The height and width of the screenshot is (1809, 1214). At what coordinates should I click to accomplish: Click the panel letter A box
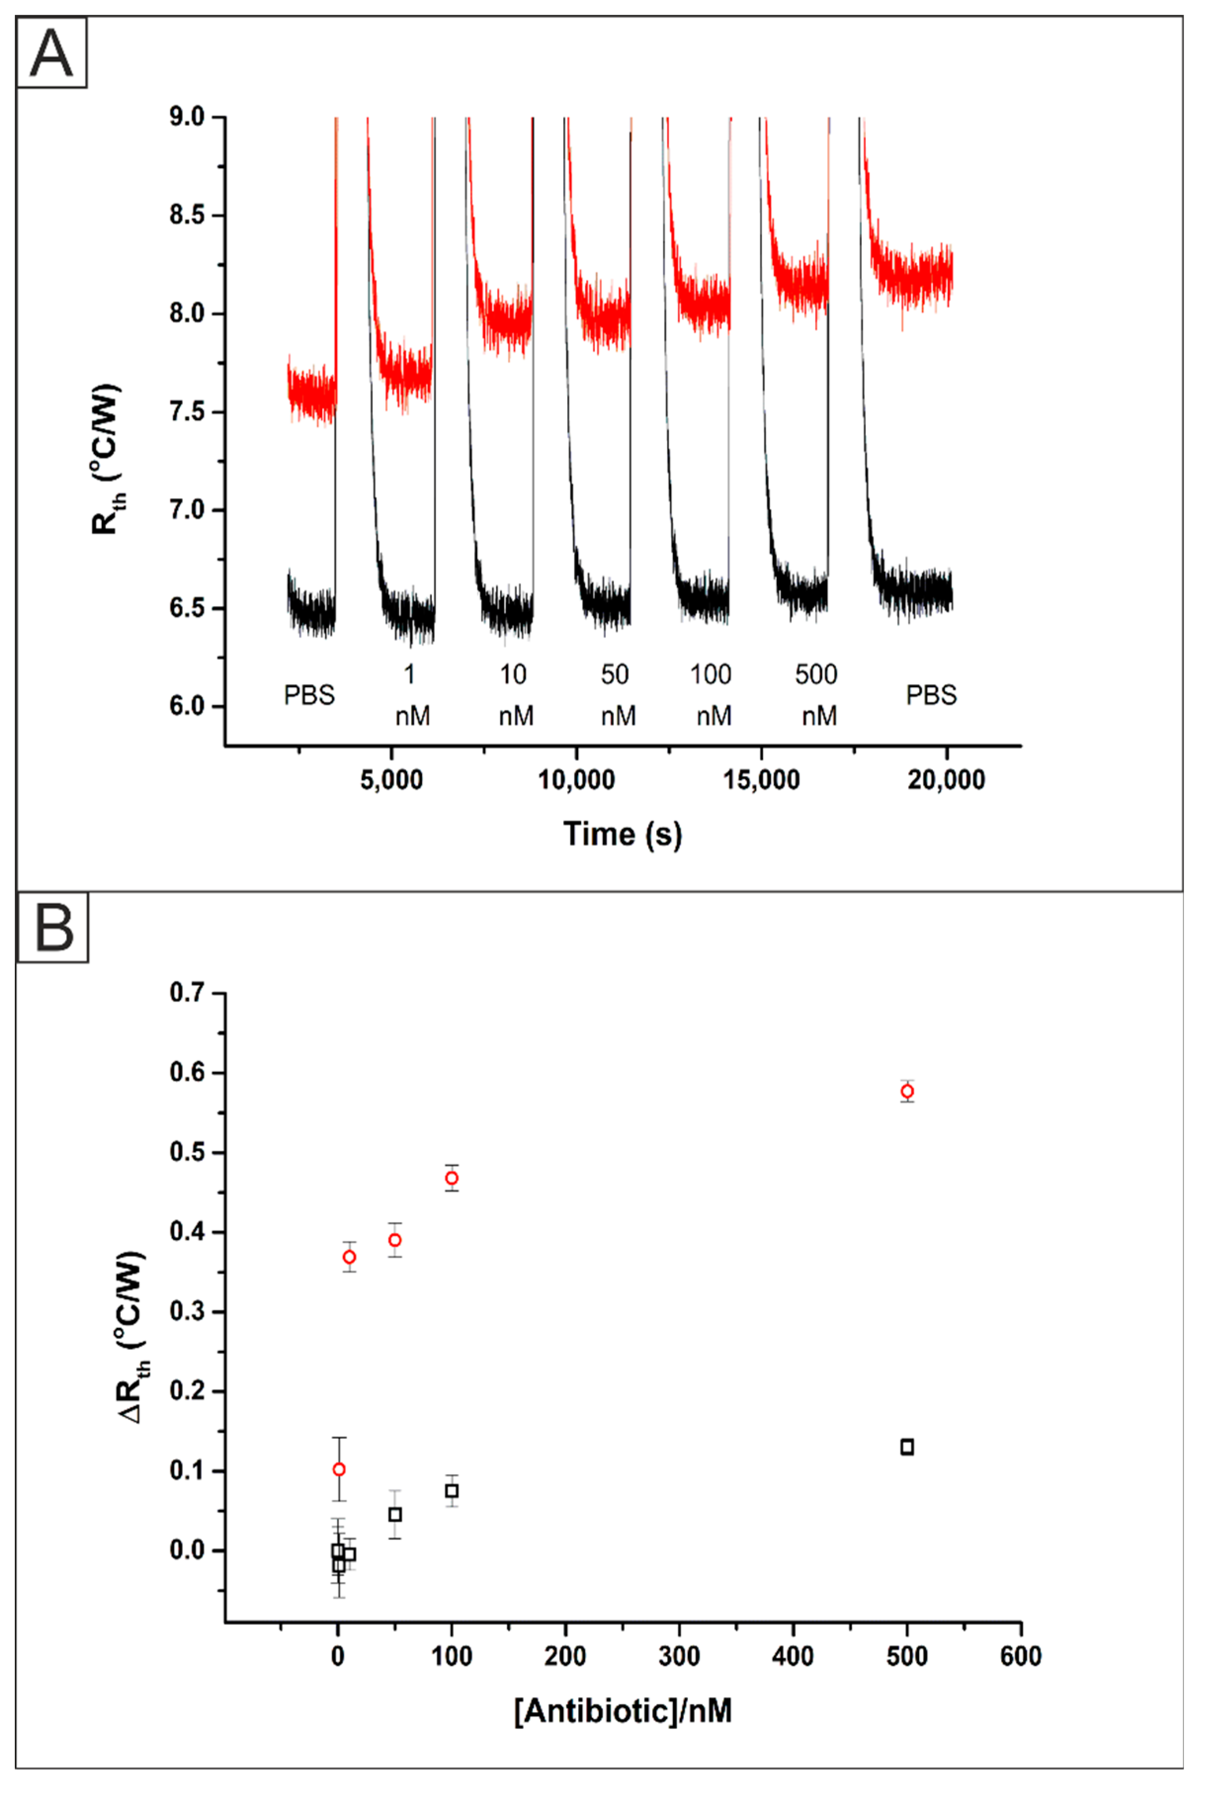(51, 53)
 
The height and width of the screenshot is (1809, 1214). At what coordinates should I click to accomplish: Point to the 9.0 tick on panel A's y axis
(187, 118)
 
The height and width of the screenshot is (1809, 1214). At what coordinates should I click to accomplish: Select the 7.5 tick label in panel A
(187, 412)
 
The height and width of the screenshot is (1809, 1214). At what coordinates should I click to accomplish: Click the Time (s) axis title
(623, 834)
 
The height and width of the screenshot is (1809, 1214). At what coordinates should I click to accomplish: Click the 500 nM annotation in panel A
(817, 694)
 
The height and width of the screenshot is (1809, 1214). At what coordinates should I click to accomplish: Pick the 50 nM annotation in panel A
(617, 694)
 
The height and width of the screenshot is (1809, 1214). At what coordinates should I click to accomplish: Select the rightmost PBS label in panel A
(931, 694)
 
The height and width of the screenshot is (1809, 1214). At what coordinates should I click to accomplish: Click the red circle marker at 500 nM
(907, 1091)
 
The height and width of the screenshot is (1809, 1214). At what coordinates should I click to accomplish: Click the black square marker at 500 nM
(907, 1447)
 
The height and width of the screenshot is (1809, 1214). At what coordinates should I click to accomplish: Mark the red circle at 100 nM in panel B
(452, 1178)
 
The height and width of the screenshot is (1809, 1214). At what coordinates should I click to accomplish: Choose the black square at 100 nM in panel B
(452, 1491)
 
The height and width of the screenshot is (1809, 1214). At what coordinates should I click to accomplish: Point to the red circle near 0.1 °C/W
(338, 1469)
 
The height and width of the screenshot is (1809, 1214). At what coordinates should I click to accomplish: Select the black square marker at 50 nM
(395, 1514)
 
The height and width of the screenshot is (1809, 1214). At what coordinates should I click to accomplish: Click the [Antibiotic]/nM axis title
(623, 1711)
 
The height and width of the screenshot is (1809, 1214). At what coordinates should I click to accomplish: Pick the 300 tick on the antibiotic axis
(679, 1656)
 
